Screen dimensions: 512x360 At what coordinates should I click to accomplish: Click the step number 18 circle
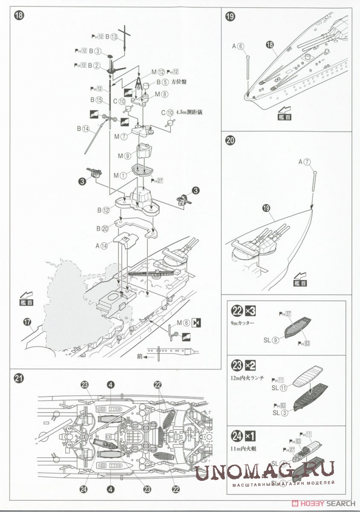(x=19, y=15)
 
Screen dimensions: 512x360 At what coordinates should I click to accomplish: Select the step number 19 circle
(x=230, y=16)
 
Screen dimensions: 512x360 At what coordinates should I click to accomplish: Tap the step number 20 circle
(x=230, y=141)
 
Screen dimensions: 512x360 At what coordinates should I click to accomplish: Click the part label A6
(x=238, y=46)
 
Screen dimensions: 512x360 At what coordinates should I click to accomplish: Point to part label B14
(x=82, y=129)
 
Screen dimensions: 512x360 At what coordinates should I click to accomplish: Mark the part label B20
(x=102, y=228)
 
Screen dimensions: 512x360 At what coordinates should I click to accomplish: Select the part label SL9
(x=271, y=340)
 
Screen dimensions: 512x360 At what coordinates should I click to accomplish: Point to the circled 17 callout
(x=26, y=321)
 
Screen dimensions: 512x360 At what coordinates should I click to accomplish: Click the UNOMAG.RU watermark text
(x=265, y=472)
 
